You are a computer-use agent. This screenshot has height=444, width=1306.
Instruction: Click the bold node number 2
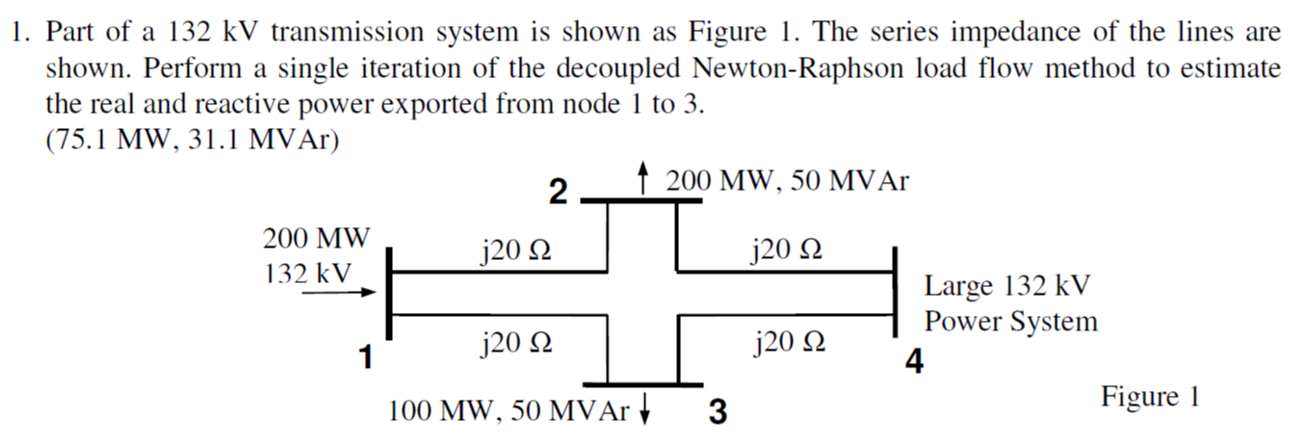click(x=557, y=192)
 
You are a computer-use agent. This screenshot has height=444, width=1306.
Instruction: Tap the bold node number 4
click(x=914, y=362)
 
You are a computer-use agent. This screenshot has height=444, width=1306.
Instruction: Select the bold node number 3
click(x=718, y=412)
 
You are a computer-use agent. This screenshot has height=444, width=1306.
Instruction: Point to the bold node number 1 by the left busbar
click(x=365, y=358)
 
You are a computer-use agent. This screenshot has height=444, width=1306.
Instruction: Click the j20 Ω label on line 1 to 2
click(x=515, y=251)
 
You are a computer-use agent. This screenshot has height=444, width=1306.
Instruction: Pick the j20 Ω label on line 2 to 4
click(x=786, y=251)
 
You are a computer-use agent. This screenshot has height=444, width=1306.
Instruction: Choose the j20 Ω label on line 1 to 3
click(x=515, y=342)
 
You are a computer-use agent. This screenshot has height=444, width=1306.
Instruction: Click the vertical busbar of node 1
click(x=387, y=294)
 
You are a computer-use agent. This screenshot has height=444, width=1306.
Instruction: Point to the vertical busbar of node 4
click(x=895, y=294)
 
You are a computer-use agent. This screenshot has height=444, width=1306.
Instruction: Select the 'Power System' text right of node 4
click(x=1011, y=322)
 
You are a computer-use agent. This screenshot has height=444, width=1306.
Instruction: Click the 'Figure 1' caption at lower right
click(x=1151, y=397)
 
